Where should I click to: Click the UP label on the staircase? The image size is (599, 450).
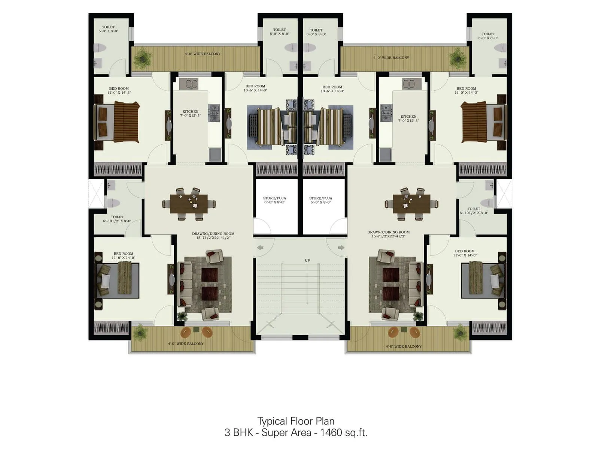pos(307,260)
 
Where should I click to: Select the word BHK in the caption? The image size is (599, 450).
pos(244,432)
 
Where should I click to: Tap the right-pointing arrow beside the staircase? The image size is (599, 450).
pos(341,247)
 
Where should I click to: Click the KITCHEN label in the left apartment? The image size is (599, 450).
pos(190,112)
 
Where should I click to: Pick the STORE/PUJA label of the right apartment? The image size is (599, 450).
pos(320,198)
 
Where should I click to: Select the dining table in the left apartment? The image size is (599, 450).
pos(189,204)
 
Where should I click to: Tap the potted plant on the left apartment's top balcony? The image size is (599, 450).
pos(143,58)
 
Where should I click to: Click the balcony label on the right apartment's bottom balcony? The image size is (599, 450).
pos(404,346)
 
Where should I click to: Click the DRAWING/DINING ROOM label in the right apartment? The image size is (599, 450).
pos(388,232)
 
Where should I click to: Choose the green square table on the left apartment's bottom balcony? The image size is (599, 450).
pos(196,330)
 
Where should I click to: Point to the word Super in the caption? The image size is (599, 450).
pos(286,432)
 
